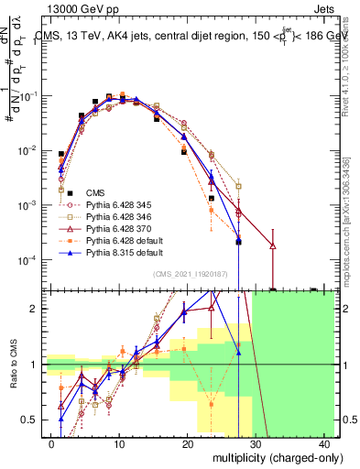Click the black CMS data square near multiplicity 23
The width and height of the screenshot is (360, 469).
point(212,198)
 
